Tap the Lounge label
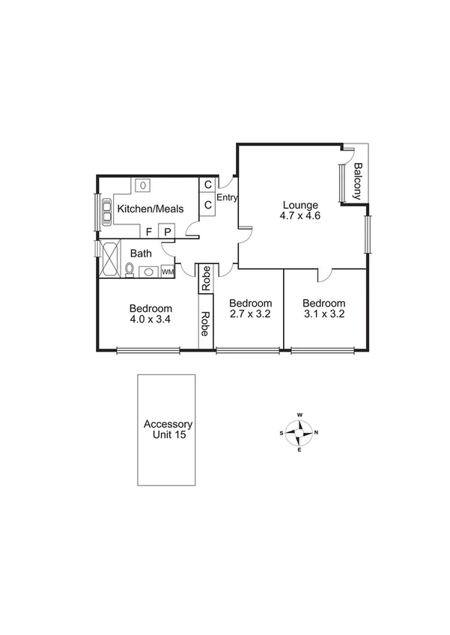click(x=300, y=205)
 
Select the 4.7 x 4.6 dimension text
click(x=300, y=216)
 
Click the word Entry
click(x=226, y=198)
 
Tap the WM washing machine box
click(x=167, y=272)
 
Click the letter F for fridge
click(x=149, y=232)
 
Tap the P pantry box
click(x=167, y=232)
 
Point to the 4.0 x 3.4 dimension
click(x=150, y=320)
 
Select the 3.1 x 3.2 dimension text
click(x=323, y=315)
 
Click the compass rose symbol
click(x=300, y=432)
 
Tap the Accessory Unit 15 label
click(x=167, y=429)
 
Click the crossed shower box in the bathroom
click(x=109, y=259)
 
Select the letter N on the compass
click(x=317, y=432)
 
